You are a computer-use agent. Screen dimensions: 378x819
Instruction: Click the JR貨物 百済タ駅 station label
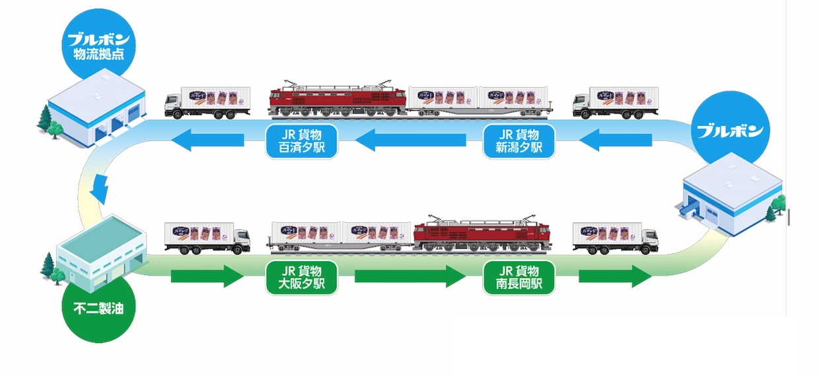(302, 140)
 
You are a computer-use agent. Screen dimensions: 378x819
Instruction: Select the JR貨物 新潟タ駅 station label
(518, 140)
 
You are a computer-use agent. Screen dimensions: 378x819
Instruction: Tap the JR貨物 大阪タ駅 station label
(302, 277)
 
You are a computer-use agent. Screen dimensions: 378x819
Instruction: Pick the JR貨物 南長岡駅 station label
(518, 277)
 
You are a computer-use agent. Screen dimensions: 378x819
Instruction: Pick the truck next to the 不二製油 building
(207, 237)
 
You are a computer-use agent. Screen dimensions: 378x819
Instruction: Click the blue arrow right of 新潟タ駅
(617, 139)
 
